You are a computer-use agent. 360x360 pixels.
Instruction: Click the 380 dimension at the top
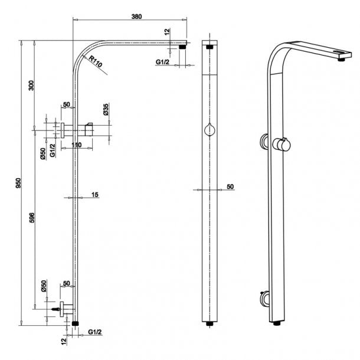(x=136, y=17)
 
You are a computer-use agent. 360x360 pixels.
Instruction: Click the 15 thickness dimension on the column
(x=94, y=195)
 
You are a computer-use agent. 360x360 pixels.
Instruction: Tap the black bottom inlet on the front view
(x=209, y=324)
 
